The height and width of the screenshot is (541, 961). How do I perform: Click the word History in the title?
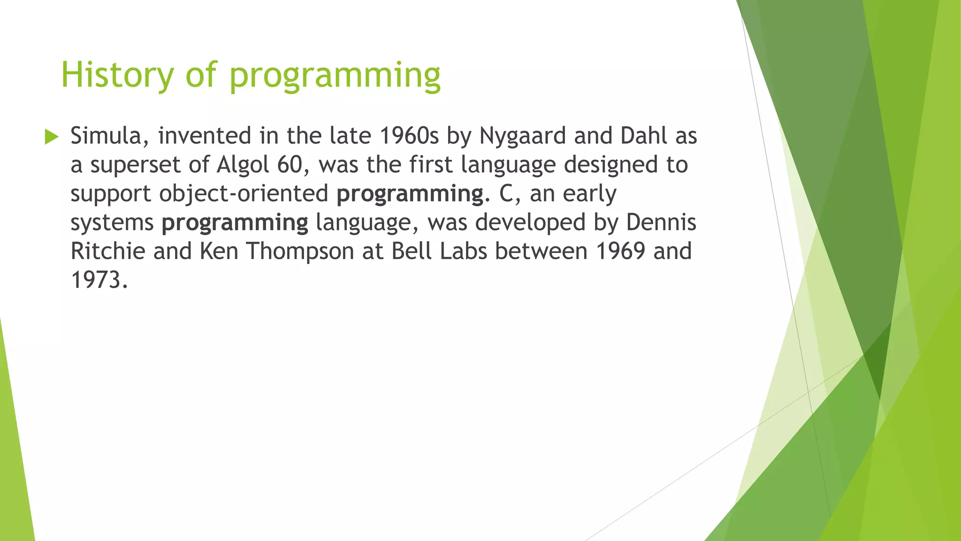tap(117, 75)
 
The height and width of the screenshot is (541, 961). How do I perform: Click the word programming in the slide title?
tap(335, 77)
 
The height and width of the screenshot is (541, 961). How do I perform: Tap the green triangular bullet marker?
tap(52, 137)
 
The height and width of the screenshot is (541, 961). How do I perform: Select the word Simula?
tap(110, 136)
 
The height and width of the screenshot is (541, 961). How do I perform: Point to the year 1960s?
tap(408, 136)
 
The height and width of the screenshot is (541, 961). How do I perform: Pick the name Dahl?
tap(644, 136)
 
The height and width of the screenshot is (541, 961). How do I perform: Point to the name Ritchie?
tap(108, 251)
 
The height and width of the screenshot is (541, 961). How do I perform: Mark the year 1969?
tap(620, 251)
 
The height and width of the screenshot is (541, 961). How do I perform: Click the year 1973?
tap(99, 280)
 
